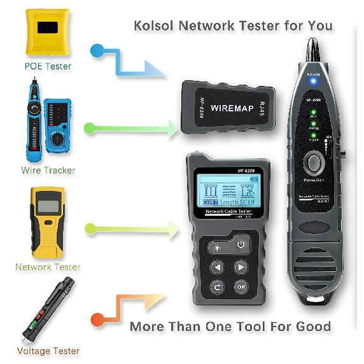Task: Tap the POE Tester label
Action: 48,66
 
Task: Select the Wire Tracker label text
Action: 48,170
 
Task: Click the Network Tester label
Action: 48,267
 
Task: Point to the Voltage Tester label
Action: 48,351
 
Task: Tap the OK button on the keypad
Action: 241,286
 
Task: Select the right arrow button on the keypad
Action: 240,267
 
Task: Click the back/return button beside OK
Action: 218,286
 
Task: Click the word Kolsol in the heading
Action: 156,26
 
